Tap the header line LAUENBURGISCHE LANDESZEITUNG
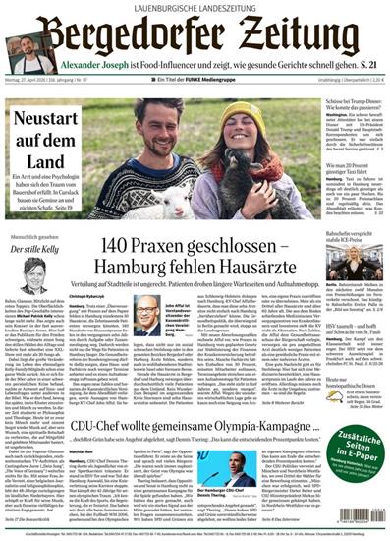[195, 8]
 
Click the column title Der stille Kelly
[35, 250]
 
